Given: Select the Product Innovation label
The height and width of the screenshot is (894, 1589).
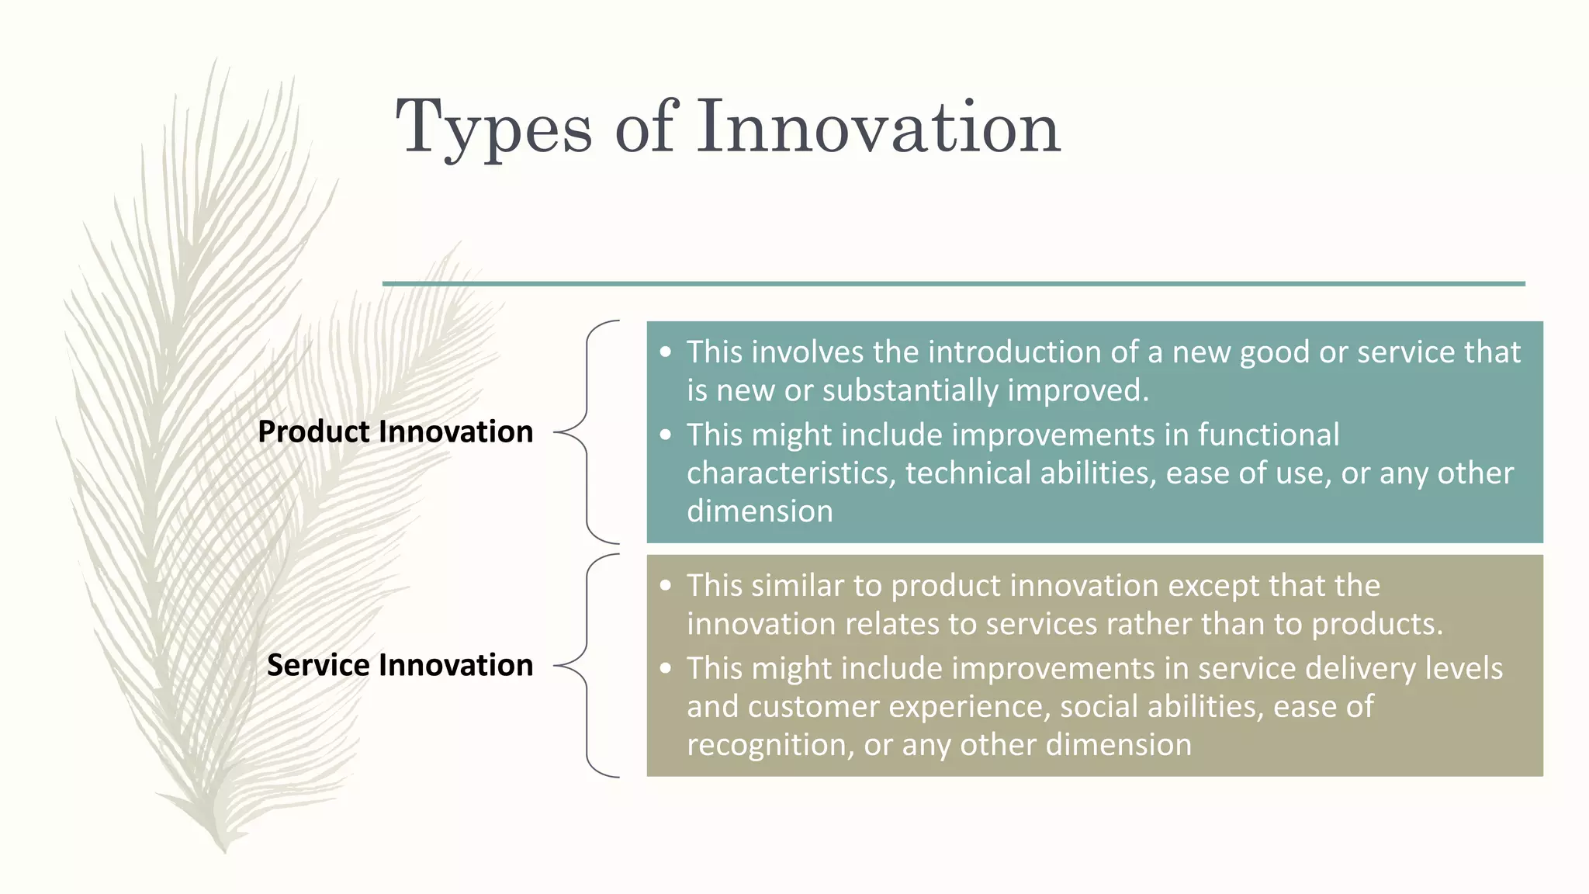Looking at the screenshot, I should pyautogui.click(x=395, y=431).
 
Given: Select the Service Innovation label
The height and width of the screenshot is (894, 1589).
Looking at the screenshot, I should pyautogui.click(x=400, y=665).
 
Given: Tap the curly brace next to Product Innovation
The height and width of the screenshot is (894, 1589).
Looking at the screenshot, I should pyautogui.click(x=587, y=431).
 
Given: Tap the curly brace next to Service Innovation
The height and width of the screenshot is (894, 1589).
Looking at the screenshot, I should pyautogui.click(x=587, y=665).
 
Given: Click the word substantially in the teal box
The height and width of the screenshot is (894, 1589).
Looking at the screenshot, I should pyautogui.click(x=910, y=390).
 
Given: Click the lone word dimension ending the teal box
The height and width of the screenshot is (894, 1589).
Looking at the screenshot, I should pyautogui.click(x=760, y=511).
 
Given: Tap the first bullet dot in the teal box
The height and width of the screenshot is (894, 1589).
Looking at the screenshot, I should pyautogui.click(x=665, y=352).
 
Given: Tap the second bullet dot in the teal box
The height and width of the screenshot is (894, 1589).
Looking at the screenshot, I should pyautogui.click(x=665, y=435).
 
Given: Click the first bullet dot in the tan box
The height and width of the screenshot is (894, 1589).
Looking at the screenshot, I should pyautogui.click(x=665, y=586).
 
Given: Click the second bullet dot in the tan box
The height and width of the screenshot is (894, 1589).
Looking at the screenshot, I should pyautogui.click(x=665, y=668).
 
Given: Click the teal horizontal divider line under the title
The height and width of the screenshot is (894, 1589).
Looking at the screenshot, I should pyautogui.click(x=953, y=284).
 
